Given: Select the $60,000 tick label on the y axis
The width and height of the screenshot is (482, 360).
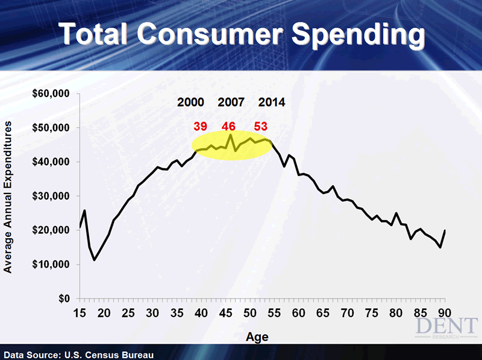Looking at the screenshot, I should point(53,93).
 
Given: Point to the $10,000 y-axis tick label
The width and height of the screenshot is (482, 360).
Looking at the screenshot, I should point(53,265).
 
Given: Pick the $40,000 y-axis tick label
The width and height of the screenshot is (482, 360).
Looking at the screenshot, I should point(53,162).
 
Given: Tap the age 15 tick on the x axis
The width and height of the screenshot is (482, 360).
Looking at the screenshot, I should point(80,313).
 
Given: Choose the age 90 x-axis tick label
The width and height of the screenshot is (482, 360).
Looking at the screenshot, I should point(445,313).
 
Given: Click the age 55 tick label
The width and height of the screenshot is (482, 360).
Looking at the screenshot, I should point(274,313).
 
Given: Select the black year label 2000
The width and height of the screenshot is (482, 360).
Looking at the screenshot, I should point(190,102).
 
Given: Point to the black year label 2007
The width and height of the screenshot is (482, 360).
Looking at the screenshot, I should point(231,102).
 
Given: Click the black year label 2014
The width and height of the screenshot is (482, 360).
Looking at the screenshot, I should point(272,102).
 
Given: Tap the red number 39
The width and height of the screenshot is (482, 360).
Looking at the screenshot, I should point(201,126).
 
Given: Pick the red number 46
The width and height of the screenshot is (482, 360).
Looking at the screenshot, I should point(228,126).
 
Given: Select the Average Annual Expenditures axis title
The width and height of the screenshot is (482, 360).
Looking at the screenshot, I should point(8,197).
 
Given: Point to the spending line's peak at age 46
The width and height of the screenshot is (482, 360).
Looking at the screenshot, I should point(231,134).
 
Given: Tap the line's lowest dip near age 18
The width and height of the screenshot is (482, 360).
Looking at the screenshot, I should point(95,260).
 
